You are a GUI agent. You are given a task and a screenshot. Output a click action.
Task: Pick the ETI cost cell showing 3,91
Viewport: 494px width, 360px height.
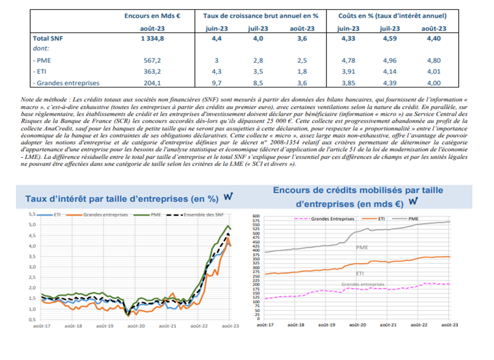[x=348, y=72]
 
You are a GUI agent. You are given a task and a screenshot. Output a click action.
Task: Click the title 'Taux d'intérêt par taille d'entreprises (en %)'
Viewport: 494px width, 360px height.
[x=122, y=199]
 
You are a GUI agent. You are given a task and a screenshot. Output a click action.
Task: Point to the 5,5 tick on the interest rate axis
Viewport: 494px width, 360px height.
[x=31, y=215]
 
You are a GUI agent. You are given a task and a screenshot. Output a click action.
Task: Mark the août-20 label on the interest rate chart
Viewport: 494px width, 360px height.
[x=136, y=326]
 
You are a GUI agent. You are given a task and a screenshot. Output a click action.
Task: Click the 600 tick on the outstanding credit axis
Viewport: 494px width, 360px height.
[x=256, y=216]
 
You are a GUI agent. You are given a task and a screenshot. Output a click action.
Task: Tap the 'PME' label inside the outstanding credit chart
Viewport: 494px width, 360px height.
[x=362, y=247]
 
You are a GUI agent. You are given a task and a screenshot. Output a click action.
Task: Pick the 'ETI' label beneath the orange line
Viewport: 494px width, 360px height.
[x=360, y=274]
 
